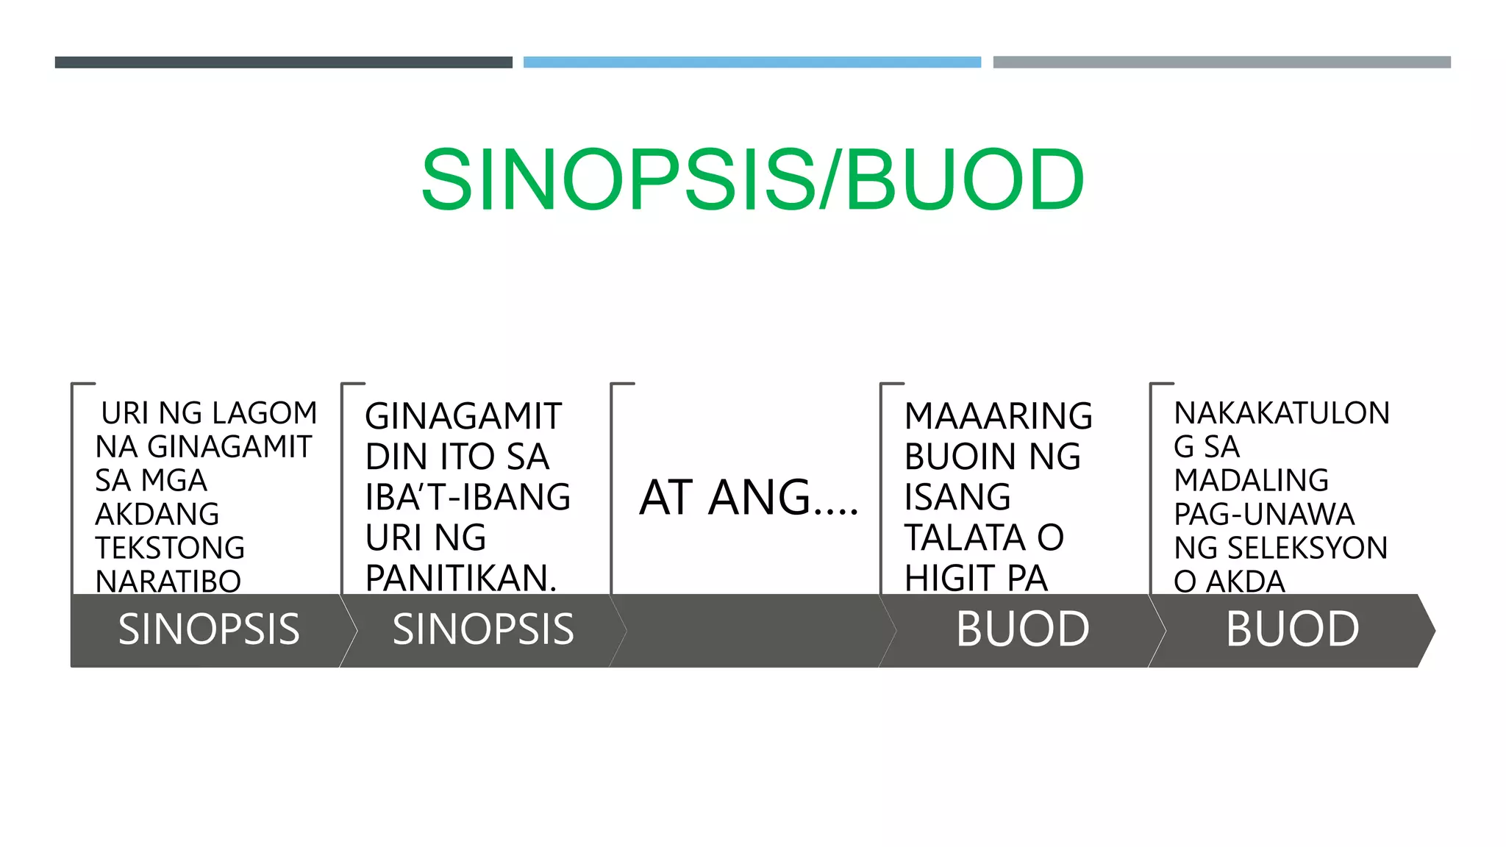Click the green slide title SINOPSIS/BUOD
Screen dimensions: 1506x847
tap(752, 179)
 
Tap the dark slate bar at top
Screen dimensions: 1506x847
tap(283, 62)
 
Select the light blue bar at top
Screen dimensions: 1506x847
tap(752, 62)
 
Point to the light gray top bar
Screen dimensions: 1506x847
tap(1221, 62)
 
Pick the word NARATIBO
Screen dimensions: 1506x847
tap(168, 582)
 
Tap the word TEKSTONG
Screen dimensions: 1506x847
tap(170, 548)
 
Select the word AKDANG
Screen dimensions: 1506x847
tap(157, 514)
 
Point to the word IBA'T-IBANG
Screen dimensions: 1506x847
tap(468, 497)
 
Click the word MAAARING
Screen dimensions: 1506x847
tap(998, 416)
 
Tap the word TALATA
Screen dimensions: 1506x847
tap(964, 537)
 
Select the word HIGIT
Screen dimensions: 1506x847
tap(949, 578)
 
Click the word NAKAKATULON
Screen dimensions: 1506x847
tap(1281, 413)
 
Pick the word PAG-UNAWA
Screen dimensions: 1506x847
tap(1264, 514)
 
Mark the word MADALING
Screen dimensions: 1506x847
tap(1251, 480)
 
